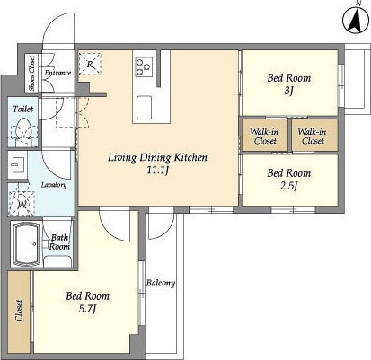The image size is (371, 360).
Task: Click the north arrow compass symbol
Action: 357,21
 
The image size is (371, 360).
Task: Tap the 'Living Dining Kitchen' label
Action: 157,157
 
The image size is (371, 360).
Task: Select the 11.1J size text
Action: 158,171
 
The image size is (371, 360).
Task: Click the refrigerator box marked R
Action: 90,64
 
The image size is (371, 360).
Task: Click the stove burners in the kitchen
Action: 144,66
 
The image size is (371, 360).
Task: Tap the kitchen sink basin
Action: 144,107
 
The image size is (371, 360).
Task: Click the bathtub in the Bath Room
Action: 26,244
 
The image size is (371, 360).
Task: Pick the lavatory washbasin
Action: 17,165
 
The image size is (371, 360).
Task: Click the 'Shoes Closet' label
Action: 31,74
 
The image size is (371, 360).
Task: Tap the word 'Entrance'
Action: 57,73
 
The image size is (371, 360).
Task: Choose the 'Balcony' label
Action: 161,283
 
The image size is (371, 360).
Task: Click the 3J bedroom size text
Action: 288,91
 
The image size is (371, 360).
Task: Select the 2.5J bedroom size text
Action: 288,186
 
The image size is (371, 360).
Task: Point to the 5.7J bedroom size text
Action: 87,309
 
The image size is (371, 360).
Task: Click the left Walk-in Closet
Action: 264,136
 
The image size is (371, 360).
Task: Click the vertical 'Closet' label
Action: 19,311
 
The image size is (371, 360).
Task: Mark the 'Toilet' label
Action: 23,109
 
